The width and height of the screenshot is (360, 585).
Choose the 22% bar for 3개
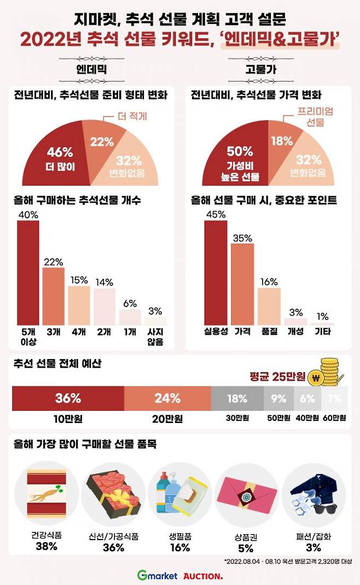coord(54,296)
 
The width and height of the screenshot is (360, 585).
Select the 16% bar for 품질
coord(269,306)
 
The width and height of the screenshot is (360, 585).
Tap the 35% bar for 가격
coord(242,284)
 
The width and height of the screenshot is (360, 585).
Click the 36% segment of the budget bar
coord(68,398)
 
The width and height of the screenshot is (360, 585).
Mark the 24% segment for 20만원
coord(167,398)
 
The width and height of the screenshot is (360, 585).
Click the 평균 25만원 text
coord(274,377)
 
